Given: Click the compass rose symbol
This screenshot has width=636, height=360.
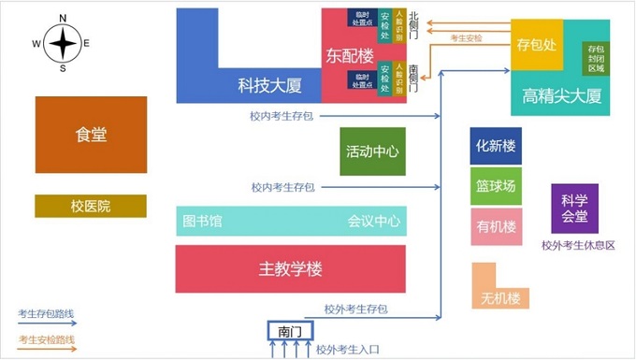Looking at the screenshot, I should (x=62, y=43).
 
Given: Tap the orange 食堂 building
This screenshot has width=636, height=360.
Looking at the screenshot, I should (x=91, y=135).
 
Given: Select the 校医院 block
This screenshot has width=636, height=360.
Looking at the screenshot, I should (x=91, y=206).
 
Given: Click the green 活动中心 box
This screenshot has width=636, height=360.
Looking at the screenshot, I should (x=372, y=151).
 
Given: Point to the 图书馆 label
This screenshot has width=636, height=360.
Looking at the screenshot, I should (x=202, y=222).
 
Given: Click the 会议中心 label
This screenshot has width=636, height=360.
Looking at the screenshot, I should (x=374, y=222).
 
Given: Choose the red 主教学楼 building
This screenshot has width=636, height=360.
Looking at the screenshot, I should (x=290, y=269).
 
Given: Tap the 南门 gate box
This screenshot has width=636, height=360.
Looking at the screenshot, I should (x=288, y=331).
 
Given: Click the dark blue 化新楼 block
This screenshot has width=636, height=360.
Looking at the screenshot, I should (x=496, y=146).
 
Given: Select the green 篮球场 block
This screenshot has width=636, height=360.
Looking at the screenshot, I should (x=496, y=186).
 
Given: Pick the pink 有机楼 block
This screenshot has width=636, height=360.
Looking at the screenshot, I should (x=496, y=226).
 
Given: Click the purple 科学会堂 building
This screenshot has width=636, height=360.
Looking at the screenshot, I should (x=574, y=208).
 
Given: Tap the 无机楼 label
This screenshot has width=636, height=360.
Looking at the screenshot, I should (x=499, y=298).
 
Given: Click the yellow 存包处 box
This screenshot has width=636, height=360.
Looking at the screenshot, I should (x=537, y=44).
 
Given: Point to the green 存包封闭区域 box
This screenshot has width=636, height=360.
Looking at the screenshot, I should (x=596, y=57).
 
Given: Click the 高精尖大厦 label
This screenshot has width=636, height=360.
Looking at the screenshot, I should (x=561, y=95).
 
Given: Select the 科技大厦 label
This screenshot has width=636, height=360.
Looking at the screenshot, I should (x=269, y=86).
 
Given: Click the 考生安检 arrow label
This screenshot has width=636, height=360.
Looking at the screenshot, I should (x=466, y=38).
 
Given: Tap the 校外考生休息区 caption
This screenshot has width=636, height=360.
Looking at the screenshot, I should (x=578, y=246).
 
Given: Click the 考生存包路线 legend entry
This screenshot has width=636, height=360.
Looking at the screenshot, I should (x=47, y=313).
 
